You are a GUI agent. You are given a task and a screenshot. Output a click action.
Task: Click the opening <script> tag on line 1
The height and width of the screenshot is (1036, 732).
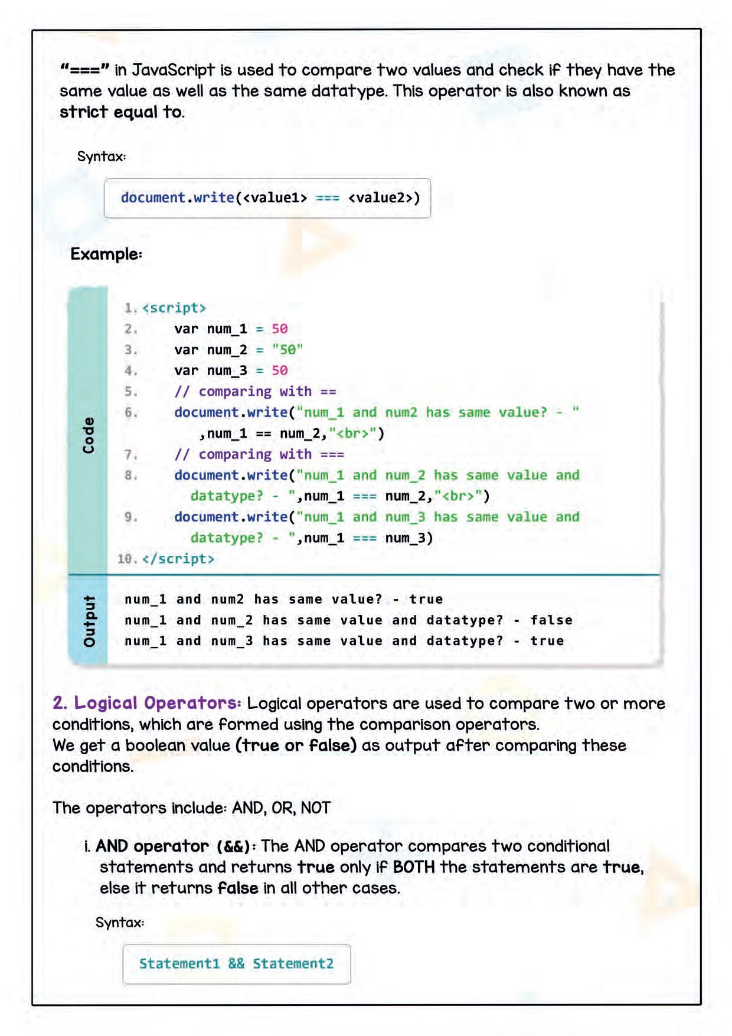174,308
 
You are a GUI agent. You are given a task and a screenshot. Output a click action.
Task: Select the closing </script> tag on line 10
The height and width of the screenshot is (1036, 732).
178,559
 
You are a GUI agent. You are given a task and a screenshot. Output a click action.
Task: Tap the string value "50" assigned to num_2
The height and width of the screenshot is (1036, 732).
287,350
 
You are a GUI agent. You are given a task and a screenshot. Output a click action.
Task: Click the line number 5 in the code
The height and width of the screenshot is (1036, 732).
130,392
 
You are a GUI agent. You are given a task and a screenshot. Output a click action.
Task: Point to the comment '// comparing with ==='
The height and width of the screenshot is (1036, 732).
259,454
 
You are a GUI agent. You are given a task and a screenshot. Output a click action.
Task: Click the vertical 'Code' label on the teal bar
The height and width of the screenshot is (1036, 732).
89,435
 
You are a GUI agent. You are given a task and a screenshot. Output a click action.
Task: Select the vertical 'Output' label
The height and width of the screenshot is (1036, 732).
89,621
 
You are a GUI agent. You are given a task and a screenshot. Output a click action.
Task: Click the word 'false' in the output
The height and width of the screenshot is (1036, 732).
551,620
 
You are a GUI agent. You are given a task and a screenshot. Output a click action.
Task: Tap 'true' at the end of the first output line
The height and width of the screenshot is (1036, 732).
426,600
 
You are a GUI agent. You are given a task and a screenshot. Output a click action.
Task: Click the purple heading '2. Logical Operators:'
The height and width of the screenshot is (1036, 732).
146,703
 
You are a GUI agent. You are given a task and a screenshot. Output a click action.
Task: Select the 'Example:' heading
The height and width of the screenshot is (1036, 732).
106,254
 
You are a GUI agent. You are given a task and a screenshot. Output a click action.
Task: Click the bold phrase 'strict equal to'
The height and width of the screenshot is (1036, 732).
121,112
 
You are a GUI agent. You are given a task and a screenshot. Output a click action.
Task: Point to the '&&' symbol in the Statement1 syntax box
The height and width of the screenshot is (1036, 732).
236,963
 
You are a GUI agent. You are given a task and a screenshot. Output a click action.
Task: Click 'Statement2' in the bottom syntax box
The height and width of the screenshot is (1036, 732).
293,963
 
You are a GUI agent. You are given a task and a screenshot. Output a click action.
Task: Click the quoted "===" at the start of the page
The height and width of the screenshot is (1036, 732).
85,70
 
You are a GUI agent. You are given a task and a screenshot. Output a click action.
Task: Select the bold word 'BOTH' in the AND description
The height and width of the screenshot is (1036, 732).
414,867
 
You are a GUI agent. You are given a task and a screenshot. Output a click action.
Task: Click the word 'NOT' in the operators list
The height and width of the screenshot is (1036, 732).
315,808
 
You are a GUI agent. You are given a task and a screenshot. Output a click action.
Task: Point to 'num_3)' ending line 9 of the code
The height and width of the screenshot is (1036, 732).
409,538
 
